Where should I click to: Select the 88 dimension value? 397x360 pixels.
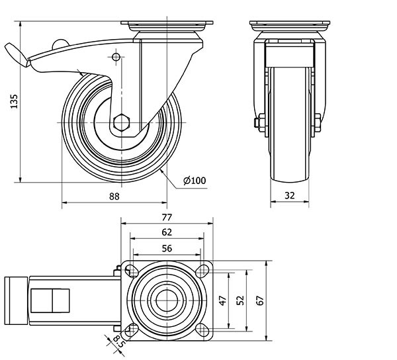click(x=114, y=196)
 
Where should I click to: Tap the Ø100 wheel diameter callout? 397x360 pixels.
click(x=195, y=181)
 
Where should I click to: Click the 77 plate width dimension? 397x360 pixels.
click(x=167, y=217)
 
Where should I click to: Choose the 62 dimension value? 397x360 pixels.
click(x=167, y=232)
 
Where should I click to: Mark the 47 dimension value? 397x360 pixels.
click(x=223, y=300)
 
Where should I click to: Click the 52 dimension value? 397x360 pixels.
click(x=241, y=300)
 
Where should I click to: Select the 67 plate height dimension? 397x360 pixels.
click(x=259, y=300)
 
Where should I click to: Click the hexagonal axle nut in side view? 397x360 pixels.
click(x=123, y=123)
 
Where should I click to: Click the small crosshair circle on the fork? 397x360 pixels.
click(x=117, y=58)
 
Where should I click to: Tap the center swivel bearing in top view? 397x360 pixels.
click(x=167, y=300)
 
